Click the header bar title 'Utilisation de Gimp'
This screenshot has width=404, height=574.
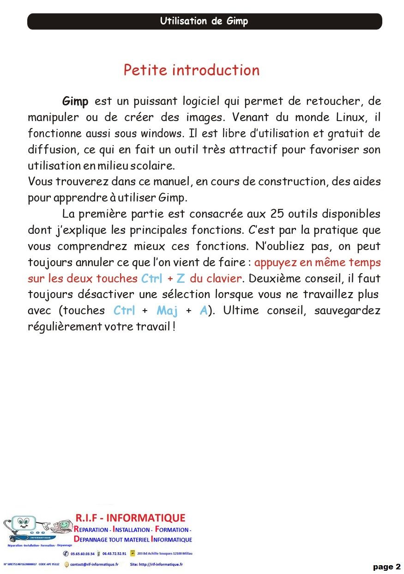click(x=204, y=21)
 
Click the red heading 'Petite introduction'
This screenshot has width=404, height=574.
click(x=191, y=70)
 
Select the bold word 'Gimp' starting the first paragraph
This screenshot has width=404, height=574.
click(x=75, y=101)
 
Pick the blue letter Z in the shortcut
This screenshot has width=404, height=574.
click(x=181, y=279)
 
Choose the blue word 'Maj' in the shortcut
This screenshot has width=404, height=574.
click(x=167, y=310)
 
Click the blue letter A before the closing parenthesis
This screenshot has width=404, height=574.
click(x=204, y=310)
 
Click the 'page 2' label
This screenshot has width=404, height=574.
click(x=387, y=567)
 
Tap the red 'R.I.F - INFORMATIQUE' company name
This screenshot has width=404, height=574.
click(x=130, y=518)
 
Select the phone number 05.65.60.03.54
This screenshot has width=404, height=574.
click(x=83, y=554)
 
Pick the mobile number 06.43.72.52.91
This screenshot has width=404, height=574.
click(x=115, y=554)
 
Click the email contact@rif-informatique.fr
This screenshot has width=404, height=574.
click(x=94, y=564)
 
